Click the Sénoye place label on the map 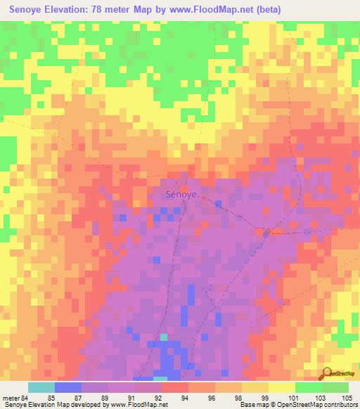click(x=181, y=195)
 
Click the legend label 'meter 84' click(x=16, y=397)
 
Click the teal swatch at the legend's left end click(x=41, y=387)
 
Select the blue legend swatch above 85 click(x=68, y=387)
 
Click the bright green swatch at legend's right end click(x=335, y=387)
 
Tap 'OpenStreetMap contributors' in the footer click(x=319, y=405)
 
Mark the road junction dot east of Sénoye click(x=266, y=233)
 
